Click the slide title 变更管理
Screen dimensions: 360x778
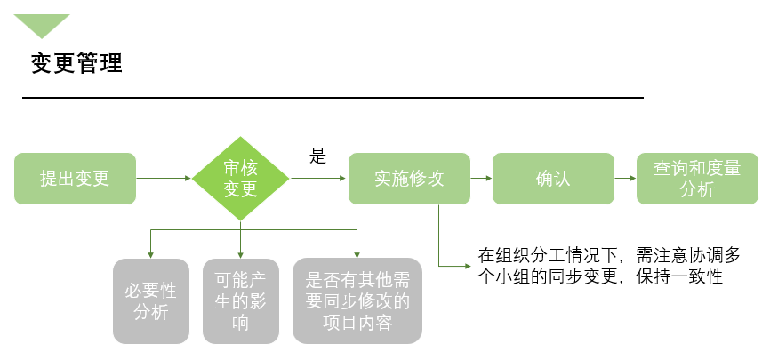coord(76,63)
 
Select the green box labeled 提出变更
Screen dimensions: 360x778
coord(75,179)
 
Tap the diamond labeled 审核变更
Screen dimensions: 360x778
coord(240,179)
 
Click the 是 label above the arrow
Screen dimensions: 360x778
coord(317,157)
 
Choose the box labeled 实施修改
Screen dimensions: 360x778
coord(409,179)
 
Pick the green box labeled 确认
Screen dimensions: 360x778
coord(553,179)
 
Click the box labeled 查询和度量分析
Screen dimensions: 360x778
coord(697,179)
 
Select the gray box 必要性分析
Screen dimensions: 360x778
coord(151,300)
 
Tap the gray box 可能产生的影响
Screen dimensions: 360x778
coord(240,300)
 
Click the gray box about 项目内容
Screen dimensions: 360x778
coord(357,300)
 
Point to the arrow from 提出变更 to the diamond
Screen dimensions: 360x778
coord(164,179)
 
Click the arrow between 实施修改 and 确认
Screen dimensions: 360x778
coord(481,179)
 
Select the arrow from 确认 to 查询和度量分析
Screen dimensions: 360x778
coord(625,179)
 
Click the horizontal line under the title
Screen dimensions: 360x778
coord(333,96)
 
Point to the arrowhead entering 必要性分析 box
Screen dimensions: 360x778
coord(151,253)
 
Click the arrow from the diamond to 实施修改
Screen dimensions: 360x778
coord(318,179)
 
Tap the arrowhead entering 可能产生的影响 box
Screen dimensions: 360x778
coord(240,253)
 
